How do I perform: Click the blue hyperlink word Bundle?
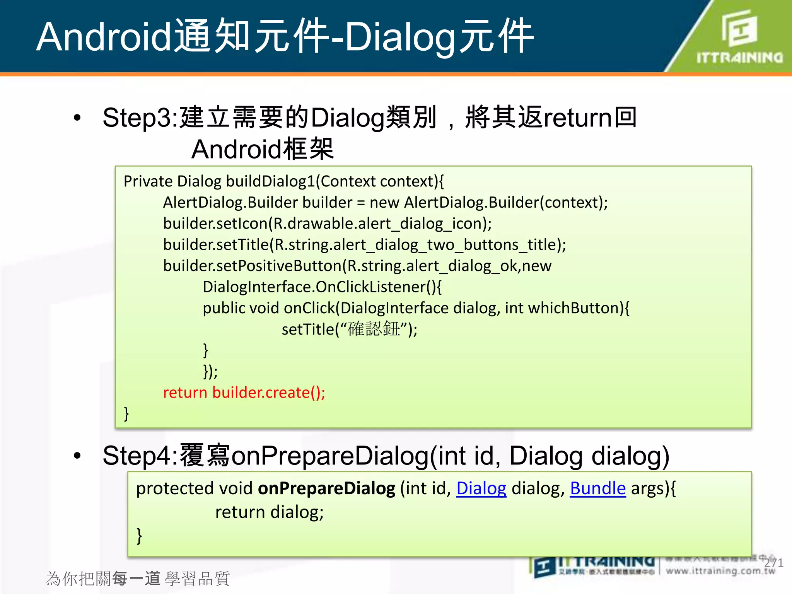coord(597,488)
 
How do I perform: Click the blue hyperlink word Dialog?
coord(481,488)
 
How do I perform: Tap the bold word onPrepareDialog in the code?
coord(326,488)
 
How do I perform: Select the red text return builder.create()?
coord(244,393)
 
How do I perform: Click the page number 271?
coord(773,563)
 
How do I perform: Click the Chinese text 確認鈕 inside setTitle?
coord(374,329)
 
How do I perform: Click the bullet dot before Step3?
coord(77,118)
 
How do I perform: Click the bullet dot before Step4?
coord(77,456)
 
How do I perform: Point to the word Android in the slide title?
coord(104,37)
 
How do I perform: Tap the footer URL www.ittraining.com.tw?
coord(720,571)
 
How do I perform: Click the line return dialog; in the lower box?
coord(269,512)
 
